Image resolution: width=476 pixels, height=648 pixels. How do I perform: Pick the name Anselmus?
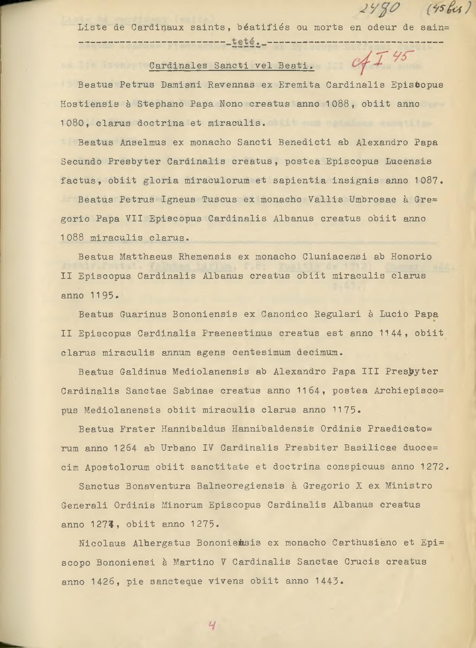coord(143,143)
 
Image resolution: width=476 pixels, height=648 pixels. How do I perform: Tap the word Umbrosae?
coord(372,200)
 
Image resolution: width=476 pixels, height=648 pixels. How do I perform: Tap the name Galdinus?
coord(143,372)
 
